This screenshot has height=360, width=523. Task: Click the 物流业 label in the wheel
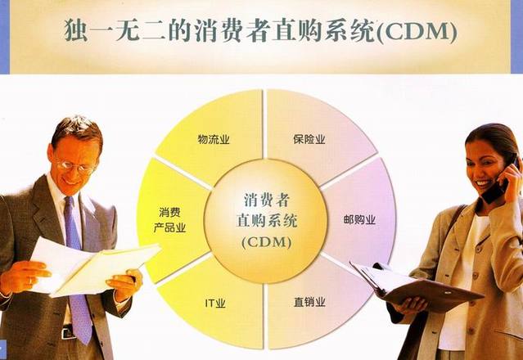pos(214,139)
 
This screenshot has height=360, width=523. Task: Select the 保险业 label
pos(309,139)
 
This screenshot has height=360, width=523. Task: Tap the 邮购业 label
pos(359,220)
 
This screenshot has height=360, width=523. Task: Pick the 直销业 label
pos(309,302)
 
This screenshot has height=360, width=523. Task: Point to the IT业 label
pos(215,304)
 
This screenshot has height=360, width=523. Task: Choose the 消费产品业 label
pos(169,220)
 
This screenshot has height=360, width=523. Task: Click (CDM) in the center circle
pos(267,242)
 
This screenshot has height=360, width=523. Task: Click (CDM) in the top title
pos(417,33)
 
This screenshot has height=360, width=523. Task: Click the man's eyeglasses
pos(76,166)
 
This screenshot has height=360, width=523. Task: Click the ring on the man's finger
pos(30,281)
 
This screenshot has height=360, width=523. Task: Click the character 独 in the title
pos(76,30)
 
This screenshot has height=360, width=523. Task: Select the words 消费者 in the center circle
pos(266,200)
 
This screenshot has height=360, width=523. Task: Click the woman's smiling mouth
pos(483,183)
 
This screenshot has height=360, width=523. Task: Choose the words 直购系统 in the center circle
pos(267,221)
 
